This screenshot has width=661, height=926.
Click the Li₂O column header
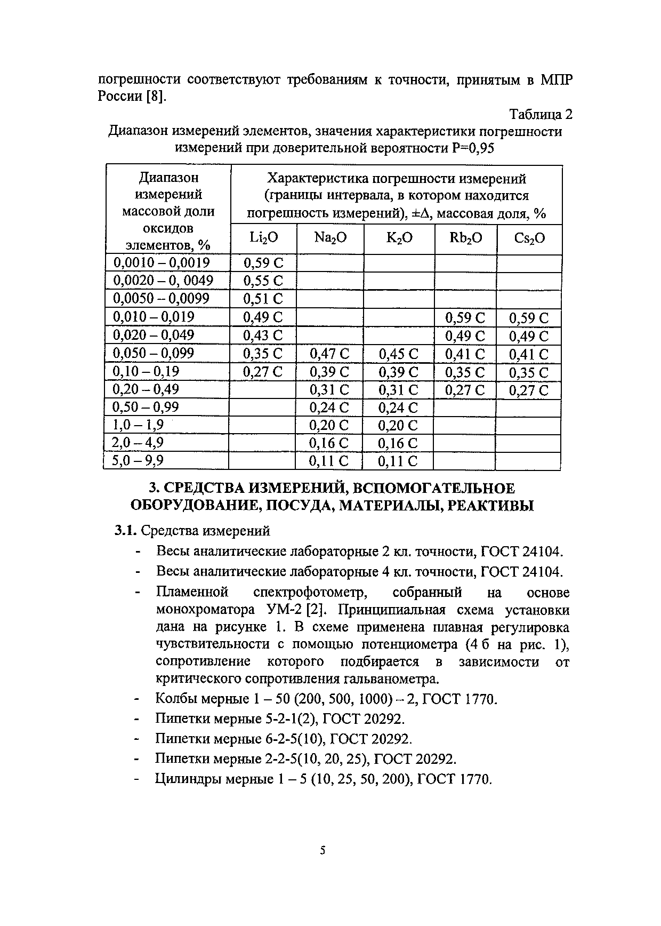[263, 238]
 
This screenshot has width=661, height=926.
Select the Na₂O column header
[330, 238]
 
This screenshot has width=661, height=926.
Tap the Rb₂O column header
[465, 238]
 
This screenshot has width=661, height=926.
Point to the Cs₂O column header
[529, 238]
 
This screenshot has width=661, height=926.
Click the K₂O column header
[399, 238]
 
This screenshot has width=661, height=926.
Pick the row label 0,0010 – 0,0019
[162, 262]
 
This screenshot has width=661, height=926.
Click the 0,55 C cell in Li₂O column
[263, 281]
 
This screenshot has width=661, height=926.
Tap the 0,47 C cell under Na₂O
[329, 354]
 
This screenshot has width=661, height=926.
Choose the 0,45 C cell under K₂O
[398, 354]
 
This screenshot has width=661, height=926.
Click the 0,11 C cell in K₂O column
[398, 461]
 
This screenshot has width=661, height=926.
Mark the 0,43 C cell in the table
[263, 336]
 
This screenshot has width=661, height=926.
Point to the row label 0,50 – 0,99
[146, 408]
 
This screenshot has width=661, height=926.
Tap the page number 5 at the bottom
[323, 850]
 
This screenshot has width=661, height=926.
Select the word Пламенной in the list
[192, 593]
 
